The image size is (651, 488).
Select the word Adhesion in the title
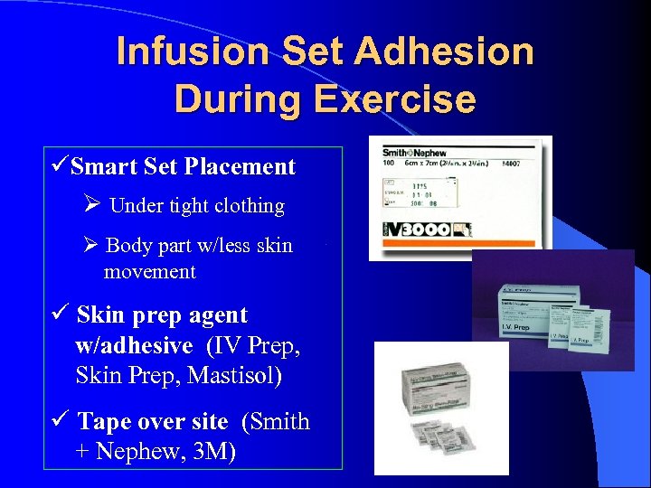pyautogui.click(x=447, y=52)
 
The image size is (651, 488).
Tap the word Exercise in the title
pyautogui.click(x=394, y=98)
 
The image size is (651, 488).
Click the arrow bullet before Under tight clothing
pyautogui.click(x=91, y=206)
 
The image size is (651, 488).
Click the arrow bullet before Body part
pyautogui.click(x=91, y=246)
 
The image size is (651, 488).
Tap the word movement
pyautogui.click(x=149, y=271)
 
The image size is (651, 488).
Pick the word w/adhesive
pyautogui.click(x=135, y=344)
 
